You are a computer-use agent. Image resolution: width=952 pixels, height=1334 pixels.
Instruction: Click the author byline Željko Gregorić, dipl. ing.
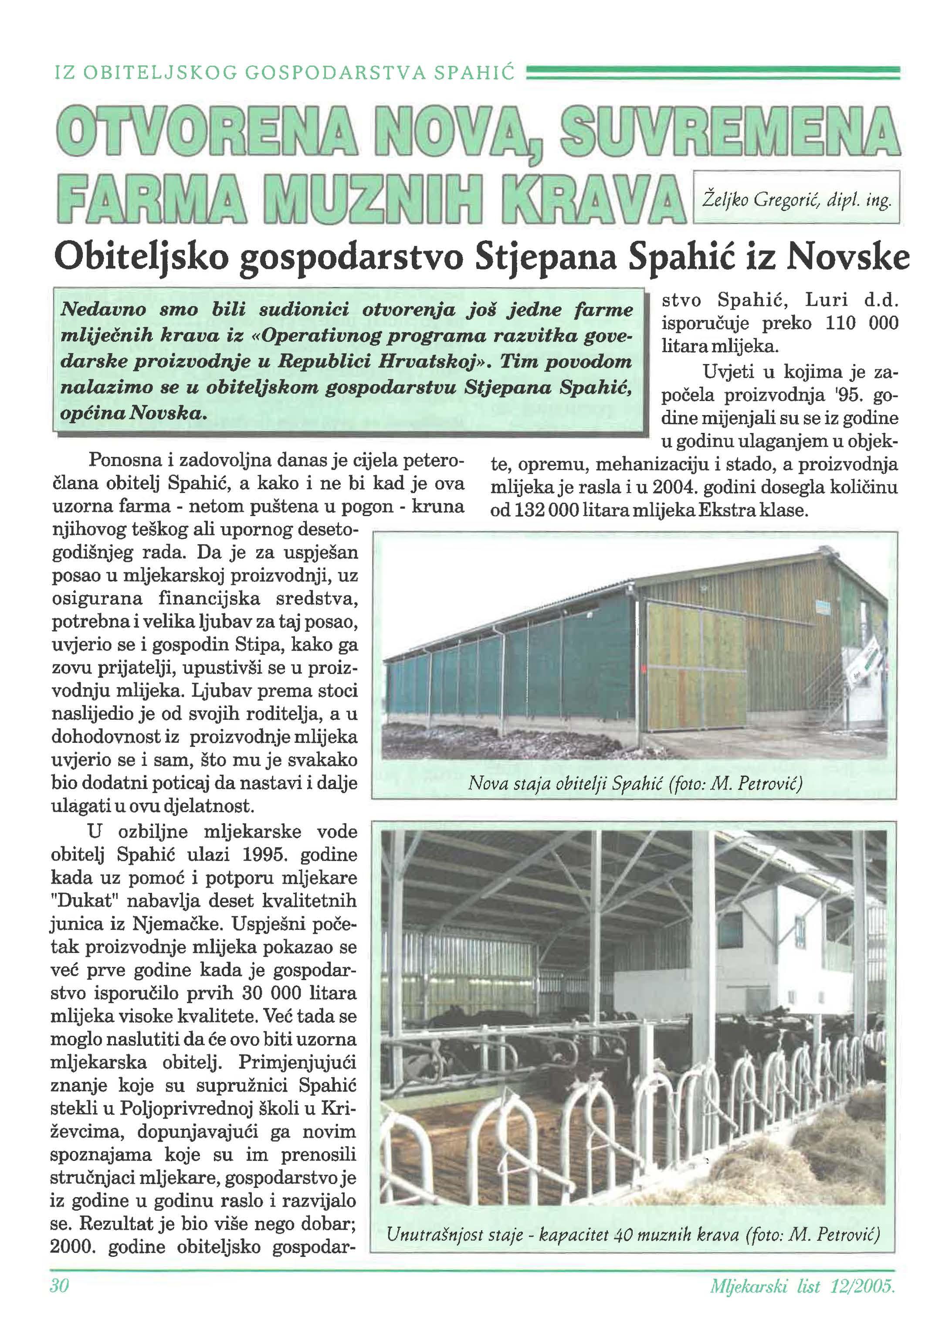[796, 201]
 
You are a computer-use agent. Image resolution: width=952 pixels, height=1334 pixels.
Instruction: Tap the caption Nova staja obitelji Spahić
[635, 783]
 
